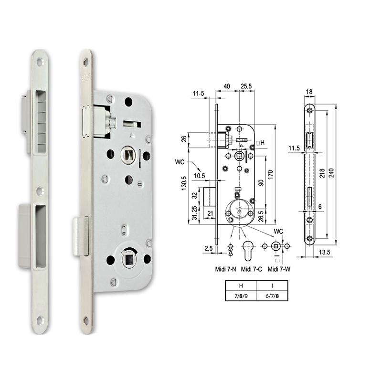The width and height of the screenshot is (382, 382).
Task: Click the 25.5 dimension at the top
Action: click(x=246, y=86)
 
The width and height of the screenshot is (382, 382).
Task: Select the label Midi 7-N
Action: click(x=225, y=269)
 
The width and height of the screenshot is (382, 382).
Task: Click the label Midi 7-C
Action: click(x=251, y=269)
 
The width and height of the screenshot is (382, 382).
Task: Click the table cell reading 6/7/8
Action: click(x=273, y=296)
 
